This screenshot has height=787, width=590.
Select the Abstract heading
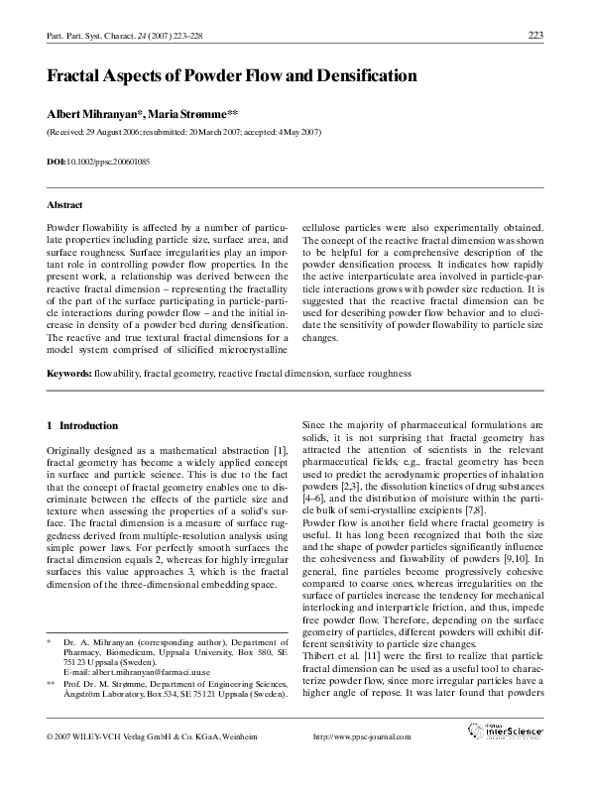tap(64, 205)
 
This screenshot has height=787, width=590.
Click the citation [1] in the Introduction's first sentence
tap(281, 451)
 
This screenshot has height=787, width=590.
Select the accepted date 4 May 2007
tap(291, 132)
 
